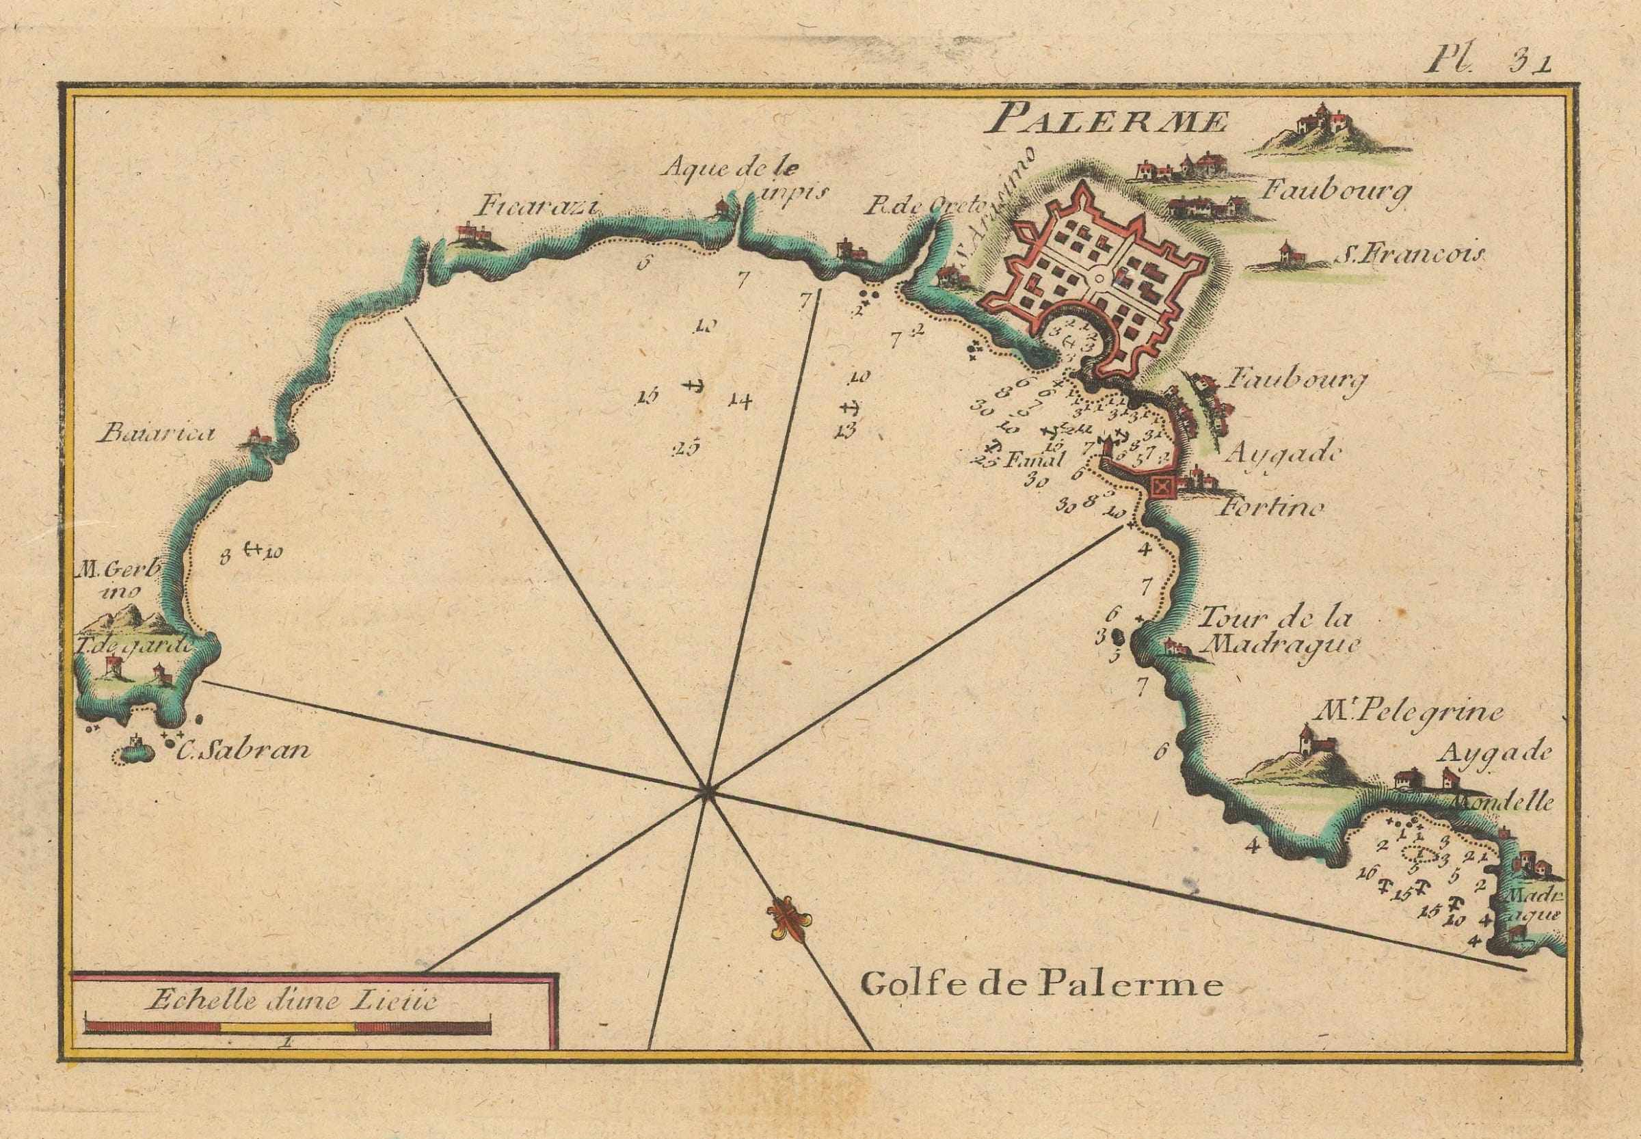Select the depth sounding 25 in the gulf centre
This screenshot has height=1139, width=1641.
(x=686, y=448)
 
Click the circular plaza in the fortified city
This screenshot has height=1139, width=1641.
(x=1099, y=279)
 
